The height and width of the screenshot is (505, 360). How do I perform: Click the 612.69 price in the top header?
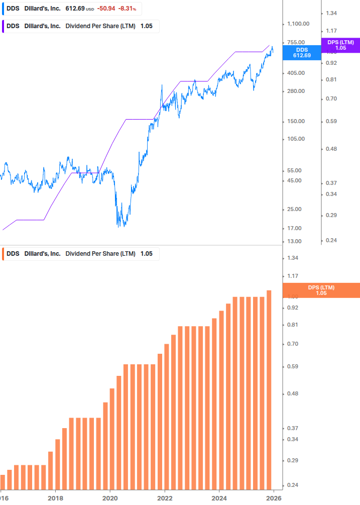point(75,9)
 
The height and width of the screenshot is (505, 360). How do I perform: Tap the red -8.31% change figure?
point(127,9)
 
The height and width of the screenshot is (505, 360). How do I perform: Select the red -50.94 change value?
point(106,9)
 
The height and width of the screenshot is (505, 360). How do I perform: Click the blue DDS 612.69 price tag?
point(301,53)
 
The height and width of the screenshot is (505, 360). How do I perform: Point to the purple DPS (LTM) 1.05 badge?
point(340,45)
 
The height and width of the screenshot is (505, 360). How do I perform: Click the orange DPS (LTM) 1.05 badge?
point(321,290)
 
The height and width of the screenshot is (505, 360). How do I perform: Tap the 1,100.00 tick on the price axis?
point(298,24)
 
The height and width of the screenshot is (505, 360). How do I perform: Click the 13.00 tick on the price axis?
point(295,241)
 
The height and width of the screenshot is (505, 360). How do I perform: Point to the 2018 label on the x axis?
point(55,498)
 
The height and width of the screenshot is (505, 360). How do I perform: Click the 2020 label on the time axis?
point(110,498)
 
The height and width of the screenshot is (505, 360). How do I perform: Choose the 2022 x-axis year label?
point(165,498)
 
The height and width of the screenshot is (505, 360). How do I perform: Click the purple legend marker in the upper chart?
point(3,26)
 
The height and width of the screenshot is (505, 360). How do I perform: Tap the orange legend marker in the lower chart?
point(3,254)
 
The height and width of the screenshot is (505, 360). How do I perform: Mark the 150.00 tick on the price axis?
point(296,121)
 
